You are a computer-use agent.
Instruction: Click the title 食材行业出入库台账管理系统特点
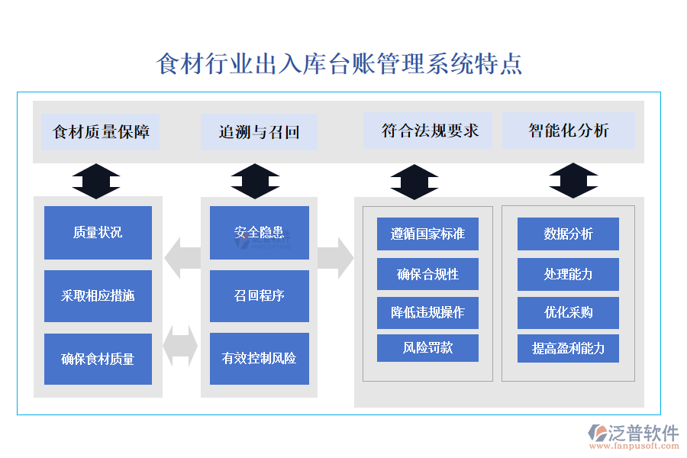pos(339,63)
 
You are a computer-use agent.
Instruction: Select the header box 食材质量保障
pos(100,131)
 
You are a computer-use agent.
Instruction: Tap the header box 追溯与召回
pos(259,131)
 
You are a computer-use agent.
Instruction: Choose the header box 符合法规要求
pos(430,131)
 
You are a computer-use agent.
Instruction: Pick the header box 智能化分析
pos(569,131)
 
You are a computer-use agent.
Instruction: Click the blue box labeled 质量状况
pos(98,233)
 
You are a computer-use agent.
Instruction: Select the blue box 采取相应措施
pos(98,295)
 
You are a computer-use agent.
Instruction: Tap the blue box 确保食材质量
pos(98,359)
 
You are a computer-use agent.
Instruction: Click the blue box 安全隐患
pos(259,233)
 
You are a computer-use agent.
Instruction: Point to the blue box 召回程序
pos(259,295)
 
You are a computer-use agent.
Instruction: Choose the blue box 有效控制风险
pos(259,359)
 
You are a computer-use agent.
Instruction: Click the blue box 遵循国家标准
pos(427,234)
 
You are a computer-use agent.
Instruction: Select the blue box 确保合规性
pos(427,274)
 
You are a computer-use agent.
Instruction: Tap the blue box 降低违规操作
pos(427,312)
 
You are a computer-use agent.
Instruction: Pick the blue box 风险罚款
pos(427,348)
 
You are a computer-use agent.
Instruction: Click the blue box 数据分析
pos(568,234)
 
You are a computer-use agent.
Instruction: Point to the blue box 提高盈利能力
pos(568,348)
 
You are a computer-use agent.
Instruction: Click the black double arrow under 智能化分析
pos(573,181)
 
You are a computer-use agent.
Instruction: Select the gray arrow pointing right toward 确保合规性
pos(336,258)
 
